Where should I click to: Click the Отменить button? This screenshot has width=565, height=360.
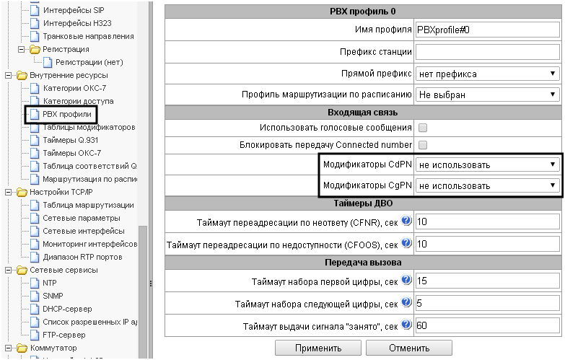click(408, 347)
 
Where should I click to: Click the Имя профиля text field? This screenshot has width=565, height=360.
click(488, 30)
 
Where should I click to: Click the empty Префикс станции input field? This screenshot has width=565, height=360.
click(488, 52)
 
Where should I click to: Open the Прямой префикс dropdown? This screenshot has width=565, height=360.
click(488, 74)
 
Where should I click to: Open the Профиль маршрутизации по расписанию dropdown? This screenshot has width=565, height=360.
click(488, 95)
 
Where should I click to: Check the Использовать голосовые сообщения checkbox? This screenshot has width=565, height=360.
click(424, 128)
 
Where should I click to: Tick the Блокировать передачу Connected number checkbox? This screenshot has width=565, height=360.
click(424, 145)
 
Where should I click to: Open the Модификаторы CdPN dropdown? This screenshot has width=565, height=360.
click(488, 164)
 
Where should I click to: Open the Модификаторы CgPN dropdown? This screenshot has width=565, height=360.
click(488, 185)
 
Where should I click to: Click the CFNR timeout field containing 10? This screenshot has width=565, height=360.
click(488, 222)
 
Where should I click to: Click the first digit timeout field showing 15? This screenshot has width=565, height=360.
click(488, 281)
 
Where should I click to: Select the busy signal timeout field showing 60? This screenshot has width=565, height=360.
click(488, 325)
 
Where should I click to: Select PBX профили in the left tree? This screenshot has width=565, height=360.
click(67, 114)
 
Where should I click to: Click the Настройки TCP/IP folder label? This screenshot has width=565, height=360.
click(61, 192)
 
